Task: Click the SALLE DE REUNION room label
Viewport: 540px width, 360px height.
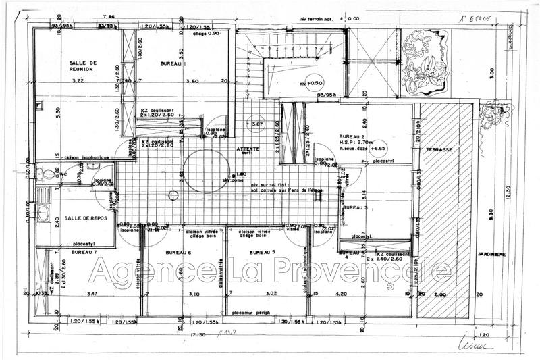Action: pyautogui.click(x=84, y=66)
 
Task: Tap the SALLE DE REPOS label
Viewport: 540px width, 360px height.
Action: pyautogui.click(x=84, y=219)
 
